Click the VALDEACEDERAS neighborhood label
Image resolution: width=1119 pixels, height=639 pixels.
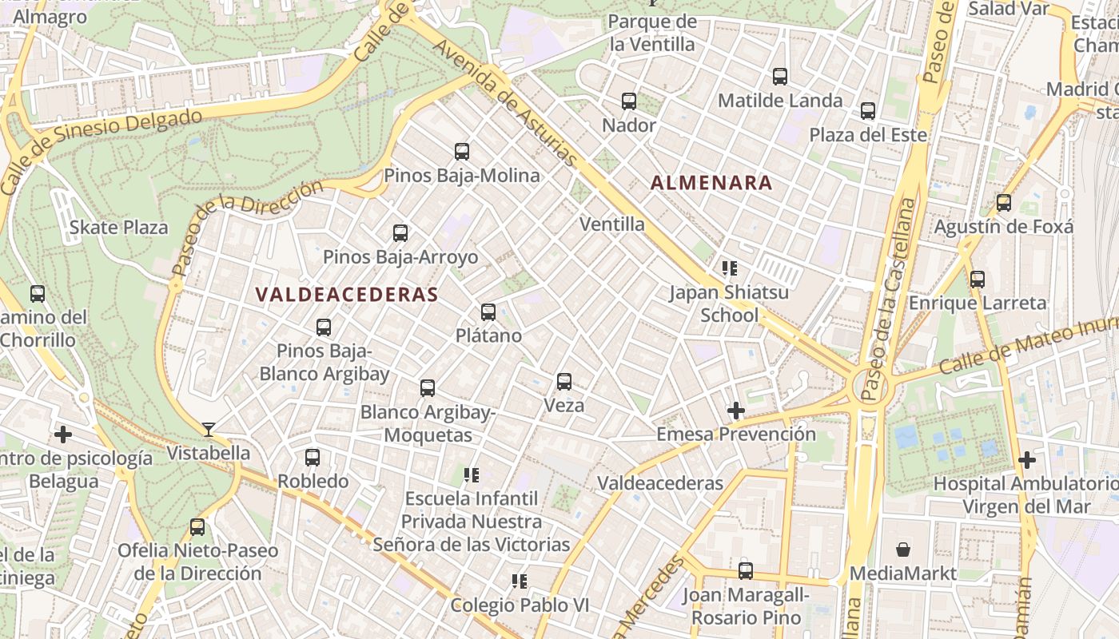click(x=347, y=294)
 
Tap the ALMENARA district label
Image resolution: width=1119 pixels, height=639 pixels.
click(x=711, y=183)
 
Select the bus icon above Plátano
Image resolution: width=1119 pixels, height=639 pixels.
click(x=488, y=312)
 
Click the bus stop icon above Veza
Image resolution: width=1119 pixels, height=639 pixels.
click(x=564, y=382)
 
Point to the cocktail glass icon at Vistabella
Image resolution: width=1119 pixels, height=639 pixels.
click(x=208, y=430)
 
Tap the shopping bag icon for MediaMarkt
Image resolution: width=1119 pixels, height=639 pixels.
click(x=902, y=550)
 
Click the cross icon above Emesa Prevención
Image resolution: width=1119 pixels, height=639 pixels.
click(x=735, y=411)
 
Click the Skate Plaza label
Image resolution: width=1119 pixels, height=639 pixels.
click(x=118, y=228)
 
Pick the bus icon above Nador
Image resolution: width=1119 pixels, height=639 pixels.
click(x=629, y=101)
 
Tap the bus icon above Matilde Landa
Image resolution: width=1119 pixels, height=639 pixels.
click(x=780, y=77)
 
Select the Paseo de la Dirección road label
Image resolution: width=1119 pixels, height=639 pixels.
click(x=248, y=228)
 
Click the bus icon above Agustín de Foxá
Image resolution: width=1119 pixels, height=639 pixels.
click(x=1004, y=203)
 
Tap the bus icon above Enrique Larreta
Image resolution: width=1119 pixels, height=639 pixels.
click(x=977, y=280)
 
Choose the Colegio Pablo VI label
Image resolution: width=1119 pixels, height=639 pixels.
click(x=520, y=605)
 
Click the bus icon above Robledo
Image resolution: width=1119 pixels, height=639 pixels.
click(x=313, y=458)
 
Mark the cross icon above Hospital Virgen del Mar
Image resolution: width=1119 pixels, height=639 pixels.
click(x=1027, y=460)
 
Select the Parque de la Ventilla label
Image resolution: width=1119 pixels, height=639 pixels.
click(x=652, y=33)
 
